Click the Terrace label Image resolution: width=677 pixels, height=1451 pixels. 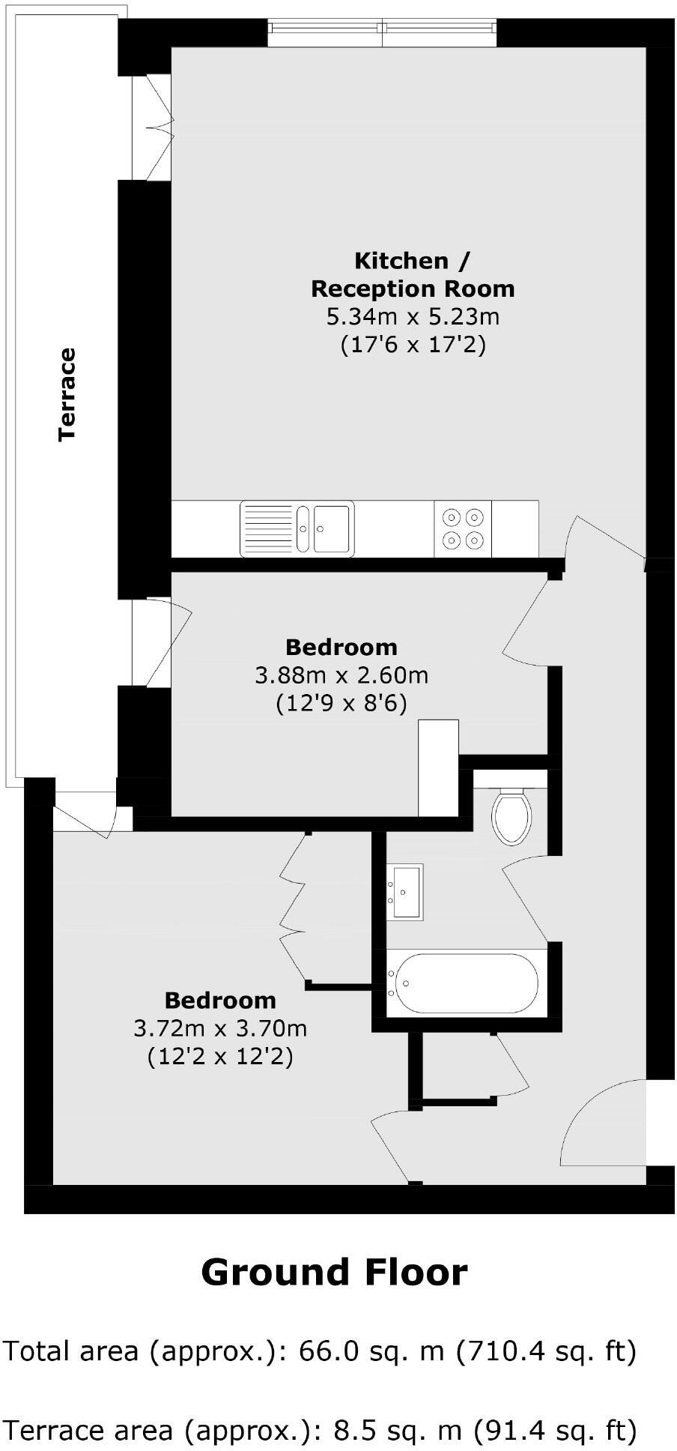click(68, 394)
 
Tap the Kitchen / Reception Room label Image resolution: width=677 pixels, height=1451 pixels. click(413, 274)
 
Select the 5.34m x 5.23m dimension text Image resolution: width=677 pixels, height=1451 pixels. click(413, 316)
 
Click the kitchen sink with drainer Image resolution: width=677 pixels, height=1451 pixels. click(297, 529)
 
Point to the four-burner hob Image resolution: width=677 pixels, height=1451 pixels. click(463, 528)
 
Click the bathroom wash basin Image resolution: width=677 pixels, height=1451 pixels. click(405, 891)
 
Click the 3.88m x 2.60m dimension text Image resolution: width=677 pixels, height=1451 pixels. click(341, 675)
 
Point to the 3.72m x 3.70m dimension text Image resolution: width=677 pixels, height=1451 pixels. click(220, 1028)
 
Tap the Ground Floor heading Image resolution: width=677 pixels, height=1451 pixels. click(334, 1273)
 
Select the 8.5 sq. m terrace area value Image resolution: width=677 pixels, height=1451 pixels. click(398, 1430)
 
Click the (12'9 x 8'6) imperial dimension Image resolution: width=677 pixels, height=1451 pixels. click(341, 704)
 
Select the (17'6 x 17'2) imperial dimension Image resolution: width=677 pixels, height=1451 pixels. click(413, 345)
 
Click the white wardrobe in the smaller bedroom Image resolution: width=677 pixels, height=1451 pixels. click(438, 767)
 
